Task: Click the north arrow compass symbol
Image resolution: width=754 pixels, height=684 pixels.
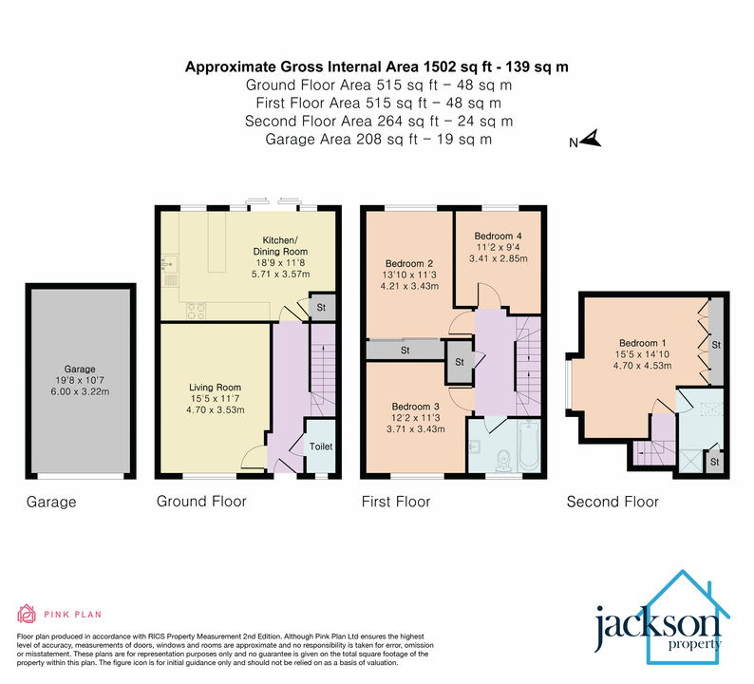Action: coord(591,142)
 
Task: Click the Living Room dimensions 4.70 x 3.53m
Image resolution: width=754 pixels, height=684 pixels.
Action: coord(215,410)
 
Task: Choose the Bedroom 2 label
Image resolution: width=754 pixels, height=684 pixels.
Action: coord(409,263)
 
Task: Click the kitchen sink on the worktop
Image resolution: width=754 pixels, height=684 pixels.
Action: coord(170,262)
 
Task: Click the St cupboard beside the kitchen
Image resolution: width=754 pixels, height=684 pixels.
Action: coord(321,308)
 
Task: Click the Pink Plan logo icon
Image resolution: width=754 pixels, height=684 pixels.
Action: coord(27,614)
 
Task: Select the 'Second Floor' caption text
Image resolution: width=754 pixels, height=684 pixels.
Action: coord(613,502)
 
